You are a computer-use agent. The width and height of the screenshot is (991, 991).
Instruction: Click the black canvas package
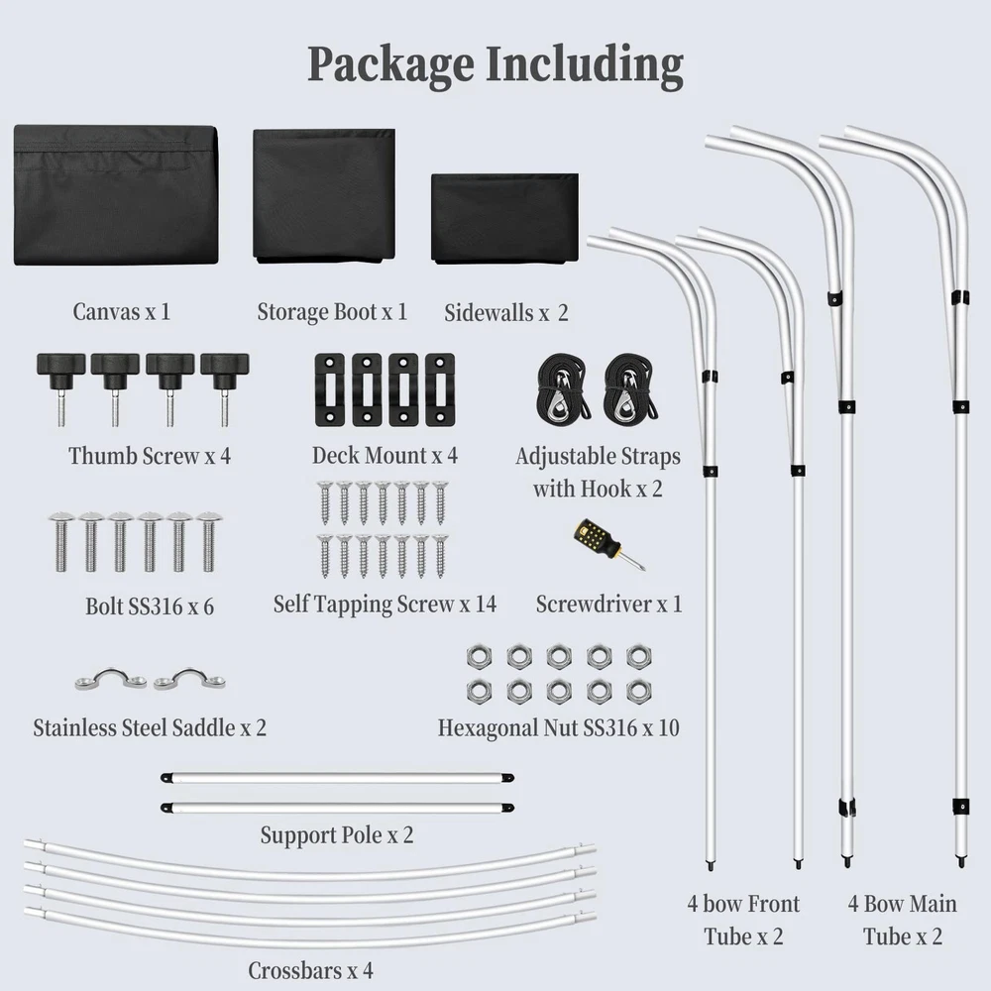tap(116, 194)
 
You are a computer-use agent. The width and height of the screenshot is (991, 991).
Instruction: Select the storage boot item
tap(324, 195)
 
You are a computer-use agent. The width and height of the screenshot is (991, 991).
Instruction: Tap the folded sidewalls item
tap(504, 218)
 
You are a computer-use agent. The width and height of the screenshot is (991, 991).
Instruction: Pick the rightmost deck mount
tap(440, 389)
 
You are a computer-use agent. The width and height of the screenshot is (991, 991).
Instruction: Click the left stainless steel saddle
tap(111, 680)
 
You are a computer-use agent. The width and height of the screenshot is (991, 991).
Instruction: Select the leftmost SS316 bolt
tap(61, 541)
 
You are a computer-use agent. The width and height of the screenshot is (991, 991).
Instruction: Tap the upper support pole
tap(337, 779)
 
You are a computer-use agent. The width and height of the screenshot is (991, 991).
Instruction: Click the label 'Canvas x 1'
tap(122, 311)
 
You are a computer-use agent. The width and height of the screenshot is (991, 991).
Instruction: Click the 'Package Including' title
tap(495, 64)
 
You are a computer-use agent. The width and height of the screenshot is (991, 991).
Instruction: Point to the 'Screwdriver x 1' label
tap(608, 604)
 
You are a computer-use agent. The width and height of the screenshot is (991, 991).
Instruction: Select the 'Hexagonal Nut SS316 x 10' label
tap(559, 727)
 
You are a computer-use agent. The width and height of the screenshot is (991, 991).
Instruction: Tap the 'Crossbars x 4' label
tap(310, 969)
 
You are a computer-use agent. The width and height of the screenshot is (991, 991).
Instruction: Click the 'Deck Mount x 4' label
tap(385, 456)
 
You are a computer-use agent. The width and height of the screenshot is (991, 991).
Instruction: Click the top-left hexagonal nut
tap(476, 656)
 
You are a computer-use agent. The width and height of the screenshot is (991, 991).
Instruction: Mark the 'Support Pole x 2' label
tap(337, 835)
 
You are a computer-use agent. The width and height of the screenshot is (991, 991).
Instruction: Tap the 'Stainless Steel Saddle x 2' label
tap(150, 728)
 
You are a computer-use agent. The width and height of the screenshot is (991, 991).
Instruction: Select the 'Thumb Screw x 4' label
tap(150, 456)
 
